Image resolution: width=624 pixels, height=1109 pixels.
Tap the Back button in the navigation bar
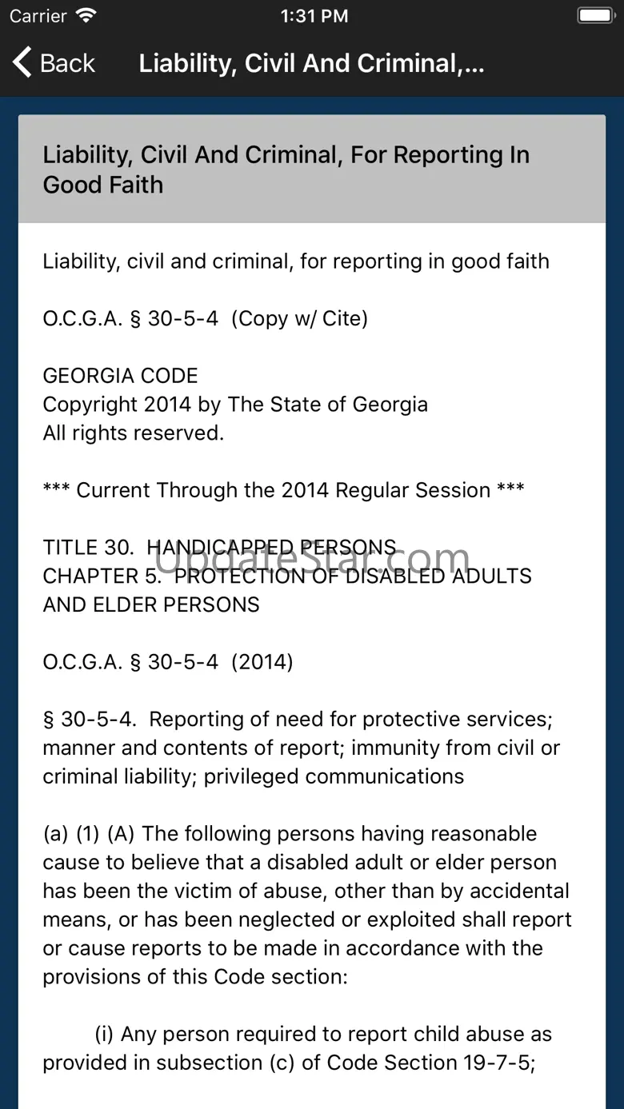coord(54,63)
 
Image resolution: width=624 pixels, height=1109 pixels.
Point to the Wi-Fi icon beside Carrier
coord(85,15)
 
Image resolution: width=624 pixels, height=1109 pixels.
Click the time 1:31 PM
coord(314,16)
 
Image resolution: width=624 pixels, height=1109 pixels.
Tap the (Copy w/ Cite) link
coord(299,318)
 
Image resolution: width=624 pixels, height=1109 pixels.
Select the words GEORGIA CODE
coord(120,376)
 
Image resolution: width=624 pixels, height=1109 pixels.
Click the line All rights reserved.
coord(133,433)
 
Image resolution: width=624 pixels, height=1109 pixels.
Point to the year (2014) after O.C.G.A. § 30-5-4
coord(262,662)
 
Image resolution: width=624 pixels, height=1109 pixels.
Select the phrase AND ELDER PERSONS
coord(151,604)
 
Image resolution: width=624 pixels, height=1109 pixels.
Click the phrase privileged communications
coord(334,776)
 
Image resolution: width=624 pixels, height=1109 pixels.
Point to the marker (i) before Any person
coord(104,1034)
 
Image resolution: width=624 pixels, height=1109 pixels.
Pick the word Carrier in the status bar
coord(38,16)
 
